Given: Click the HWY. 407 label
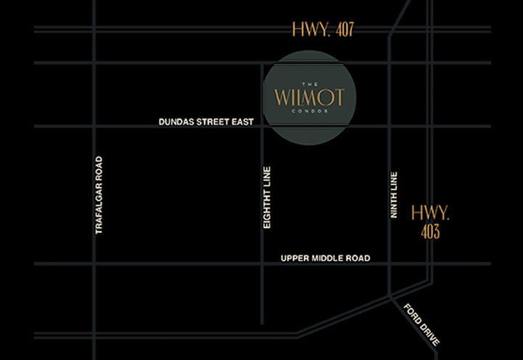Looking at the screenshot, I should [322, 30].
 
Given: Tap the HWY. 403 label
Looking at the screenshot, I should [430, 222].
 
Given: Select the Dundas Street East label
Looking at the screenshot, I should [206, 122].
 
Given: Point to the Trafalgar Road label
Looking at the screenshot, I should [99, 195].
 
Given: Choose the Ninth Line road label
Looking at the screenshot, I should [395, 195].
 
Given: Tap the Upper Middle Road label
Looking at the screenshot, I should [325, 258].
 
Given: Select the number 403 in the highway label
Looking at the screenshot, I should [430, 232].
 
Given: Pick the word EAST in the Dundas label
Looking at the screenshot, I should [242, 122].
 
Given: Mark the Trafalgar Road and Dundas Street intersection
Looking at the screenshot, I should [94, 127].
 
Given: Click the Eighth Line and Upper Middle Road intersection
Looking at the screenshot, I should [261, 263].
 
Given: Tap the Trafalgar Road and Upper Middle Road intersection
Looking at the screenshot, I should [94, 263].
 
